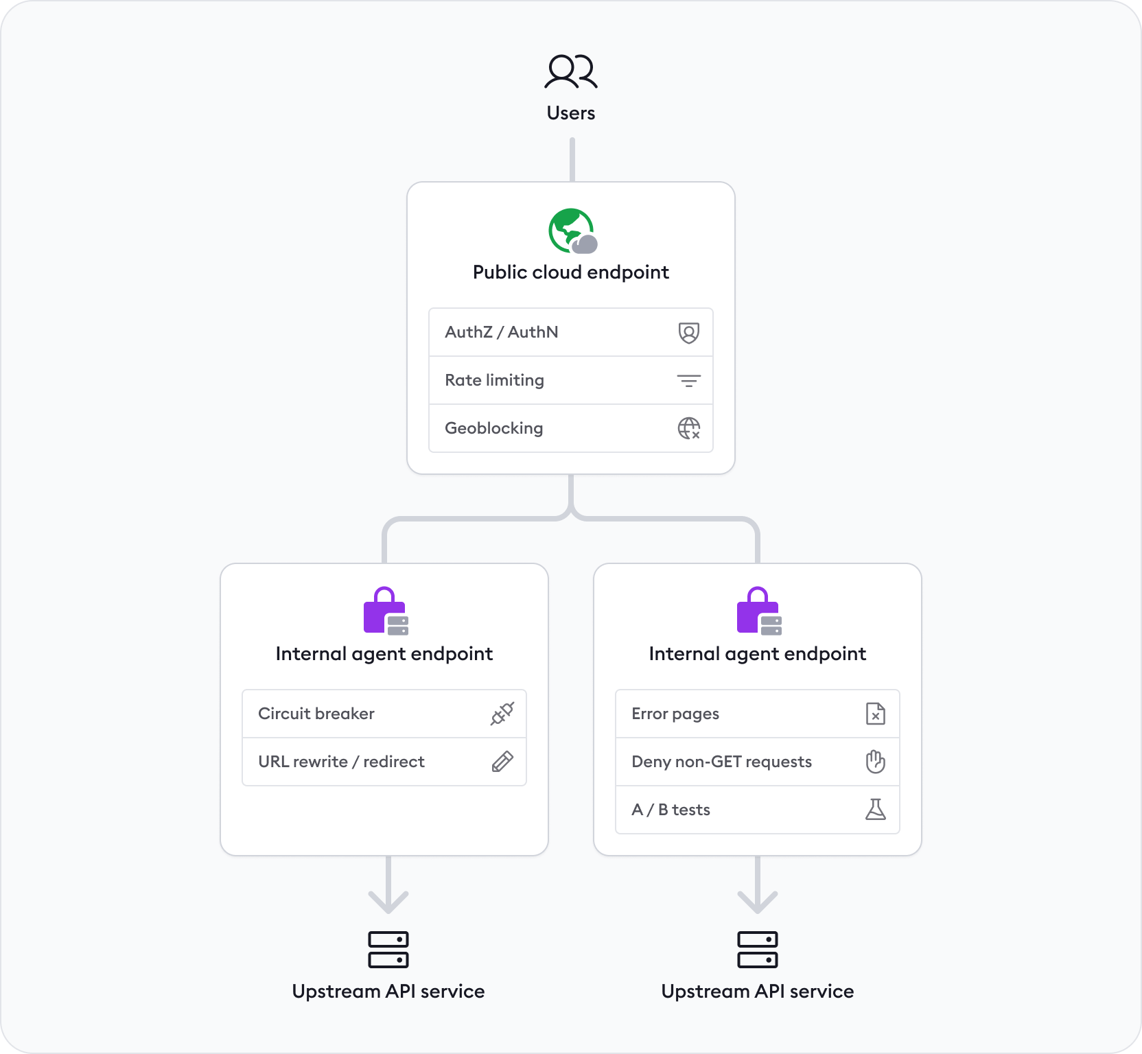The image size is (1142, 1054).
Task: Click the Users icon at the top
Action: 570,71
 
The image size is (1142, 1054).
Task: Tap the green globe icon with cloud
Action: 572,231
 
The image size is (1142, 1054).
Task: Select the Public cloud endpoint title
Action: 570,272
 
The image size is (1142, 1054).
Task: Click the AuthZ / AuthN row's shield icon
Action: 688,333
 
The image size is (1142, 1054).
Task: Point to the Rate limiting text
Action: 494,380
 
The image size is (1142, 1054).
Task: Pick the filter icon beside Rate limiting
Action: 688,381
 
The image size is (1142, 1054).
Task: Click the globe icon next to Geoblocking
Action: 688,428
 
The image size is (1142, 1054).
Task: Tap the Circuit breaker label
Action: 316,714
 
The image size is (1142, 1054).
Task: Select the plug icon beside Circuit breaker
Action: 502,714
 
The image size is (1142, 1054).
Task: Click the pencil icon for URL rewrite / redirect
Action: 502,762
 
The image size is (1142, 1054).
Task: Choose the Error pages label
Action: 675,714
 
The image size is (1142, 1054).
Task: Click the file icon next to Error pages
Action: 875,714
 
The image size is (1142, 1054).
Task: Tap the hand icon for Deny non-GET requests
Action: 875,762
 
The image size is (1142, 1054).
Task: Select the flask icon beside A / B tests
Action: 875,810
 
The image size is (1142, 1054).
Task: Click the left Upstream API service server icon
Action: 388,950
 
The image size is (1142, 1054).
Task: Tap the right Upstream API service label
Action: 757,992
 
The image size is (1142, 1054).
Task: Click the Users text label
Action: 570,113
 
